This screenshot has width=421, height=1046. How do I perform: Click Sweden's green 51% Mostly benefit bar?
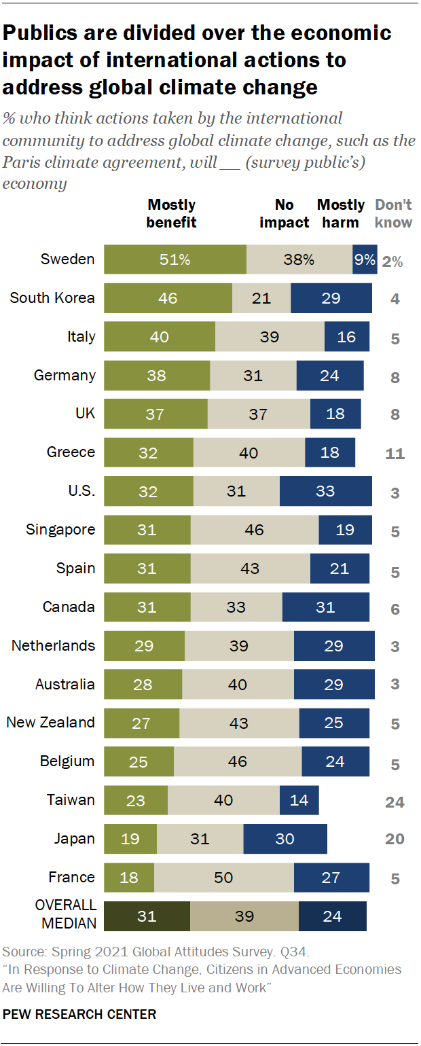click(x=175, y=259)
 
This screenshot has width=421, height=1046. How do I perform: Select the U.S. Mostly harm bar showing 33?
click(x=325, y=491)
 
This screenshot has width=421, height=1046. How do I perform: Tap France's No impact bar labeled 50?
click(x=223, y=878)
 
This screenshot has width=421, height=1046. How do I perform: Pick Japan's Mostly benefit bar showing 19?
click(x=130, y=839)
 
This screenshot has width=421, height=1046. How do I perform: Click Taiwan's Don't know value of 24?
click(x=395, y=802)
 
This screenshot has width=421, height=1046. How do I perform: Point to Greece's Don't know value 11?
click(x=395, y=453)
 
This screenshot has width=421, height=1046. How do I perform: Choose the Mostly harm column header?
click(x=341, y=213)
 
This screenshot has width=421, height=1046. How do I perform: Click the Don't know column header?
click(x=393, y=213)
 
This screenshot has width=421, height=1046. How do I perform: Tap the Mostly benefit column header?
click(x=171, y=213)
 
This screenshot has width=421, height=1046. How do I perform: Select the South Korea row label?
click(x=52, y=298)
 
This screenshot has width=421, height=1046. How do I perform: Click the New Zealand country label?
click(x=50, y=723)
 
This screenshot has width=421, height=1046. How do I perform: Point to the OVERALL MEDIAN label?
click(x=66, y=916)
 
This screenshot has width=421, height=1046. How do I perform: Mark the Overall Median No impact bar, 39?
click(x=244, y=916)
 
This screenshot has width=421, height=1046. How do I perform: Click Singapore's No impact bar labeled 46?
click(x=254, y=530)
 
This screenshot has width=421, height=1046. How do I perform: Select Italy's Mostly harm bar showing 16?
click(x=346, y=337)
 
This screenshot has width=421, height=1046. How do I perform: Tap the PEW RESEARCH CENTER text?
click(x=79, y=1015)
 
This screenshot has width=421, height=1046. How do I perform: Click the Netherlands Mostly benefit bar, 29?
click(x=144, y=646)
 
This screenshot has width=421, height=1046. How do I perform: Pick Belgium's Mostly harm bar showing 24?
click(x=335, y=761)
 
